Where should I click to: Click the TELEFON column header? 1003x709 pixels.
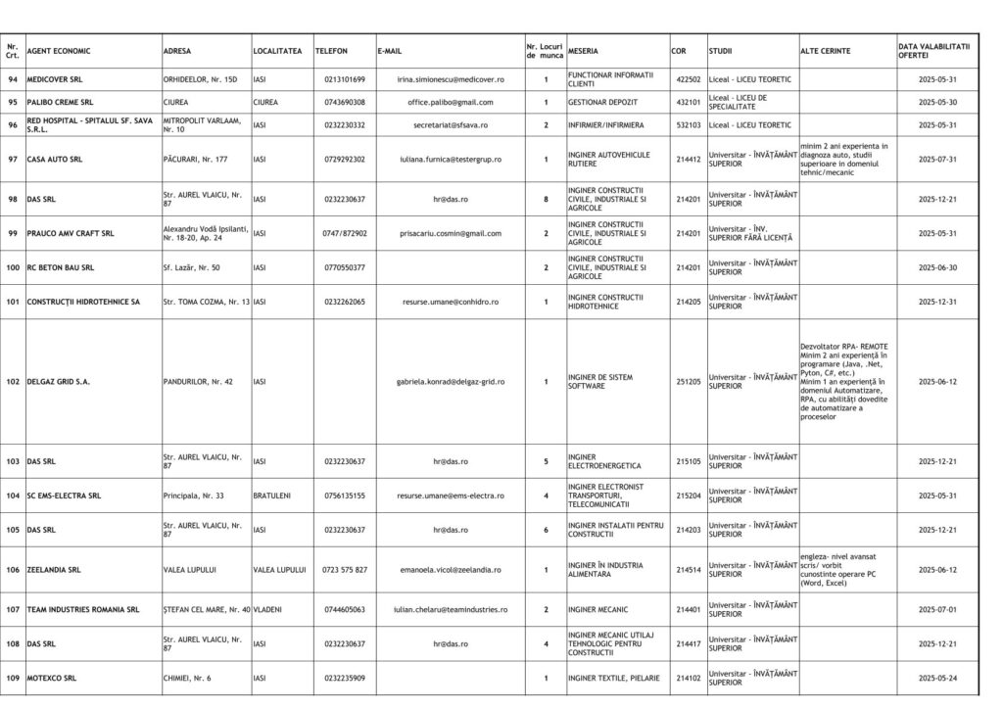click(331, 50)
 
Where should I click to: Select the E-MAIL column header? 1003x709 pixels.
click(390, 50)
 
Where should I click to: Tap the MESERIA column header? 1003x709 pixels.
click(584, 50)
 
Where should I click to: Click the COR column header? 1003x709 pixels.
click(679, 50)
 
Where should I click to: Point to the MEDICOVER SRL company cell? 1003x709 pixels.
click(55, 78)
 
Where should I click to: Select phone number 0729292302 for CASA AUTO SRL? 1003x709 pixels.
click(344, 159)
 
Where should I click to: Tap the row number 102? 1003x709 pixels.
click(13, 382)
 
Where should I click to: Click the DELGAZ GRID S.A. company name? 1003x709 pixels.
click(59, 382)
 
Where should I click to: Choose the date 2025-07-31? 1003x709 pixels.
click(937, 159)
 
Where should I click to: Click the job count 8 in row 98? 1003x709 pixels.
click(546, 199)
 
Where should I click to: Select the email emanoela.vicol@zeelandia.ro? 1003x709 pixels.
click(451, 569)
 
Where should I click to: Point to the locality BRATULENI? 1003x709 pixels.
click(271, 496)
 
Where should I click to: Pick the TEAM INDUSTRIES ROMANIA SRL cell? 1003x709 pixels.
click(83, 609)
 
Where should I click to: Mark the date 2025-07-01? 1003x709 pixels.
click(937, 609)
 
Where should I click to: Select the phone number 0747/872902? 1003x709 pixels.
click(344, 233)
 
